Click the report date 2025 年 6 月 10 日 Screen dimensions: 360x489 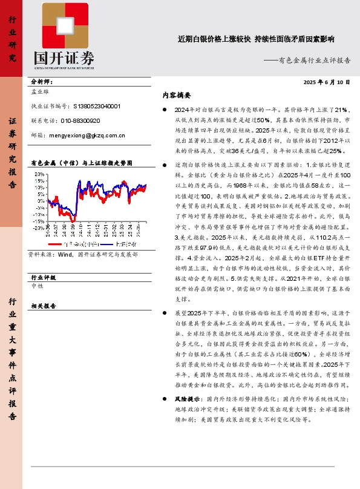coord(327,82)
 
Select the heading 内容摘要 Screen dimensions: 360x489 coord(177,95)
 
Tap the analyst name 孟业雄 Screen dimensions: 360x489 coord(41,93)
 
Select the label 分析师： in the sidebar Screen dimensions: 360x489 coord(42,81)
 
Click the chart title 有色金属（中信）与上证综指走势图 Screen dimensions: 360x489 coord(80,163)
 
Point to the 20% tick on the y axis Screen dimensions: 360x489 coord(38,174)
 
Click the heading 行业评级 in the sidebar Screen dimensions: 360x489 coord(43,277)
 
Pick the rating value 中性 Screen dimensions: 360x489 coord(37,287)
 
